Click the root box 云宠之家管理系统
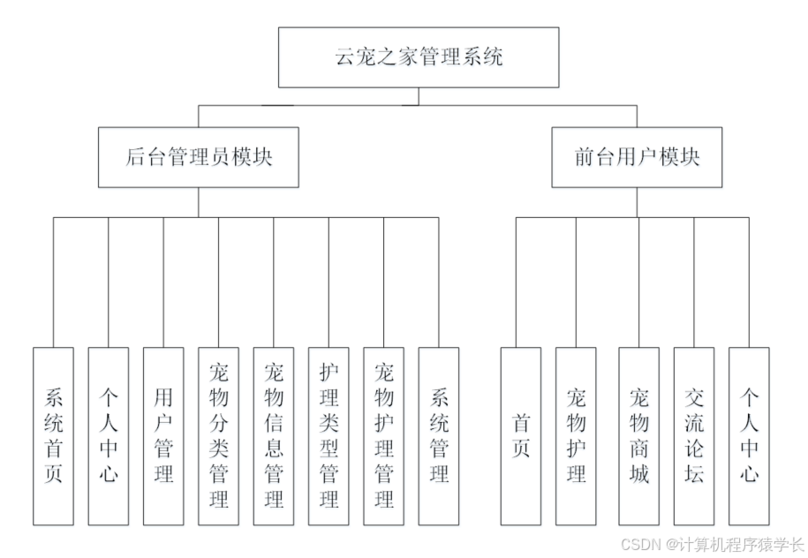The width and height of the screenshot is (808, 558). tap(419, 57)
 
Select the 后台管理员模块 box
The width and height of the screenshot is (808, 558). tap(198, 157)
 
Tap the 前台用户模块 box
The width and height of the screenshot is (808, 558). tap(636, 157)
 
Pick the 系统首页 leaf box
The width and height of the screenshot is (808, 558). tap(53, 436)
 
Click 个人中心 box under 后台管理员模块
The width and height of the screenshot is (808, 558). tap(108, 436)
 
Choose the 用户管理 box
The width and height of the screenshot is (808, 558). tap(163, 436)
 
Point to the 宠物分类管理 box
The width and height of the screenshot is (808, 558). tap(218, 436)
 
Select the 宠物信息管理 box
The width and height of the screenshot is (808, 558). tap(274, 436)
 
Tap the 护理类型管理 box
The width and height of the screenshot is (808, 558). tap(328, 436)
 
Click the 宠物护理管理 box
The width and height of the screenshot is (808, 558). tap(384, 436)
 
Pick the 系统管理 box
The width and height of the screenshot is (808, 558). tap(439, 436)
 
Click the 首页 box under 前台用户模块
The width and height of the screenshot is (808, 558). tap(521, 436)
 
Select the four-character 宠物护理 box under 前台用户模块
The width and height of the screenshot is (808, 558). tap(576, 436)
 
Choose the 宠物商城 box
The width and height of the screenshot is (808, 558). tap(638, 436)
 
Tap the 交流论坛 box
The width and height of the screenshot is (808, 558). tap(694, 436)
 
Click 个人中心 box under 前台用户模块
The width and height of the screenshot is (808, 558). tap(749, 436)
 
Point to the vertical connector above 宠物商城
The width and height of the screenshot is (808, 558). tap(638, 283)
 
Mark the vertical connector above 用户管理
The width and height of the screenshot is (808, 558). tap(163, 283)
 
